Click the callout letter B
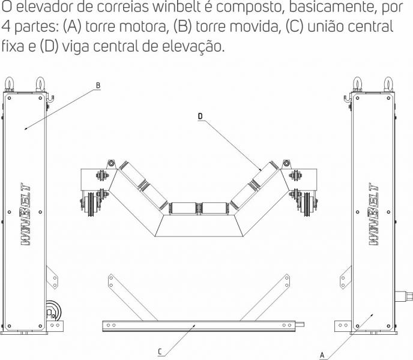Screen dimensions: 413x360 pos(98,85)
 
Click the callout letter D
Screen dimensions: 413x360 pos(200,116)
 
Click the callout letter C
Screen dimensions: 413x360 pos(160,352)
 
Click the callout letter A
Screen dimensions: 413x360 pos(322,355)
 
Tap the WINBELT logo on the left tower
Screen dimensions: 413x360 pos(26,214)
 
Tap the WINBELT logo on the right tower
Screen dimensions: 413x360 pos(374,214)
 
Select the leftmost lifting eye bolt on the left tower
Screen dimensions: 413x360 pos(9,84)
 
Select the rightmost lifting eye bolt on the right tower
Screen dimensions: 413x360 pos(388,84)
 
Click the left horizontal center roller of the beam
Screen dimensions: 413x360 pos(184,208)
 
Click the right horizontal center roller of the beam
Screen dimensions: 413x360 pos(214,208)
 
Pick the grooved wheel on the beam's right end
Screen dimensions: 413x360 pos(307,204)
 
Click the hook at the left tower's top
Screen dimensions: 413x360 pos(50,99)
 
